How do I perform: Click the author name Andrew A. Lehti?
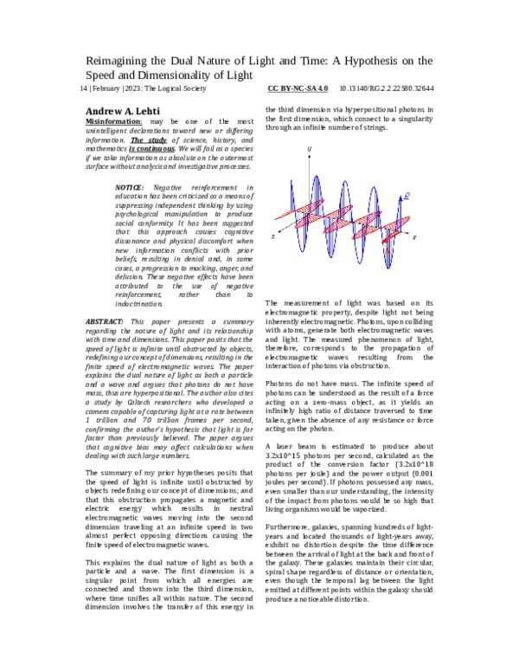126,112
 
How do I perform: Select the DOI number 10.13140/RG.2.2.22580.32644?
387,88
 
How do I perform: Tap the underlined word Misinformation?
112,123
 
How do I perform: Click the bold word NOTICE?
130,187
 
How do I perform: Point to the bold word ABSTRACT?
106,321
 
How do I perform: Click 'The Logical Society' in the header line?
179,88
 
